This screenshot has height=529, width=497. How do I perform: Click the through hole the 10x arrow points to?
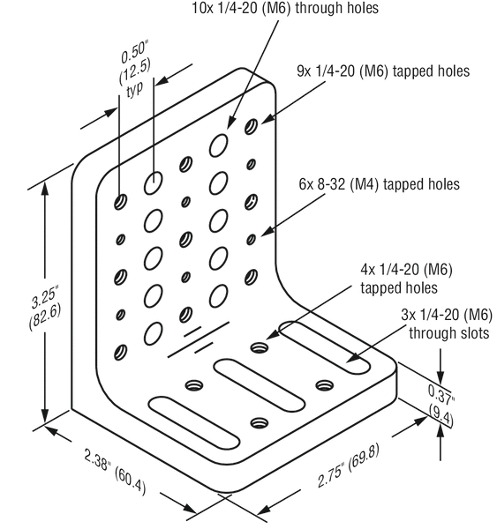click(x=218, y=141)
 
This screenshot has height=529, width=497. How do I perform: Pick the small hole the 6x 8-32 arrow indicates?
click(x=251, y=238)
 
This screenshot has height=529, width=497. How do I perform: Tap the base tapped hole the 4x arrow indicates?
click(x=260, y=346)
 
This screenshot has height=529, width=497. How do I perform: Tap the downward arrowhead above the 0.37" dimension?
click(x=440, y=372)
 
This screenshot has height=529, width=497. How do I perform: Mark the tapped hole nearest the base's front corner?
click(x=259, y=423)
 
